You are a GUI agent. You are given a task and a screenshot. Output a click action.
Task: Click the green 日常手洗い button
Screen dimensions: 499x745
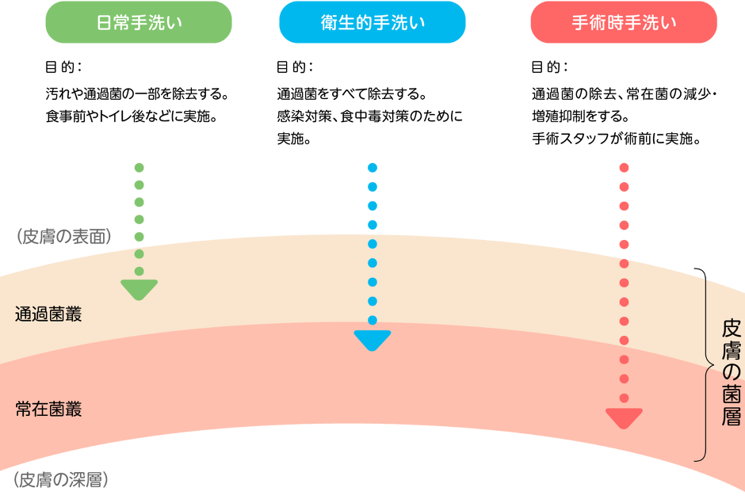coord(139,22)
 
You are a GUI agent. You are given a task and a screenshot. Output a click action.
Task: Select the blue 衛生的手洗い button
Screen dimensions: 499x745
coord(372,22)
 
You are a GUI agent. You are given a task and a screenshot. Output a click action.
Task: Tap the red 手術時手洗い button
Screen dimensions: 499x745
coord(624,22)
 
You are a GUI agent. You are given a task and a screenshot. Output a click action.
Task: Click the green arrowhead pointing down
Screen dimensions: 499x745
coord(139,290)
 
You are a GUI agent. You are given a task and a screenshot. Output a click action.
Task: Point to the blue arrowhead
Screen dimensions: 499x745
coord(372,341)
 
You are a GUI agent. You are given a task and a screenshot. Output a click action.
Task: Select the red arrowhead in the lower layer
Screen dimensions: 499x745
coord(624,418)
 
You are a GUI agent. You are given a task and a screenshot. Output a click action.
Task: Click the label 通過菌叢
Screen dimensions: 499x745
coord(48,314)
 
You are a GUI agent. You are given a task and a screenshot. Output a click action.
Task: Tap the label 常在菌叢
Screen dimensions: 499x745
coord(48,409)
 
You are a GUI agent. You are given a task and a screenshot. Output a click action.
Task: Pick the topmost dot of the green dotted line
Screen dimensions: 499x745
coord(139,167)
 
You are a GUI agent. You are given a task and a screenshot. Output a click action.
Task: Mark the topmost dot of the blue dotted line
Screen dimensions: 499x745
coord(372,167)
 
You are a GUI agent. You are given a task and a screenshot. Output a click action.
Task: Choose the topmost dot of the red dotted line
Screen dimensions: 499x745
coord(624,167)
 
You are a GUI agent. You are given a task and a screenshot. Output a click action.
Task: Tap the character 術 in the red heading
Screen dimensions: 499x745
coord(598,22)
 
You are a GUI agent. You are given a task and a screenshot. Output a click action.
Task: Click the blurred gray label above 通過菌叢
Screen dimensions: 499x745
coord(64,235)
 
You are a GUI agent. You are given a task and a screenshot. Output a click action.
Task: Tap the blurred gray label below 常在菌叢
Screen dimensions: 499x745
coord(61,479)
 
